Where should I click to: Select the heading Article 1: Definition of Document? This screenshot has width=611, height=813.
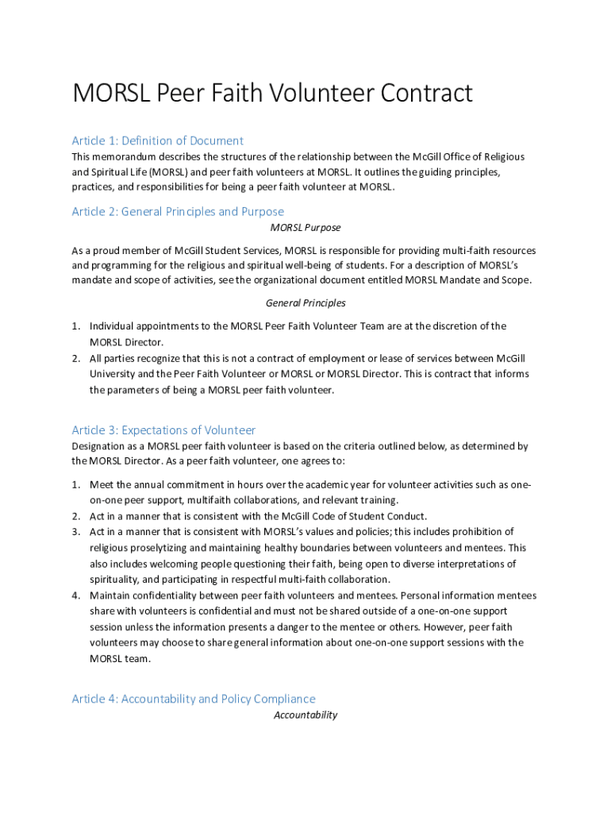click(x=157, y=141)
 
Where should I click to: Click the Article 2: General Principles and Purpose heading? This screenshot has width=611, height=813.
click(x=177, y=211)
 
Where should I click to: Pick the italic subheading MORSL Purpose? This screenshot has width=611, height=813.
click(x=305, y=228)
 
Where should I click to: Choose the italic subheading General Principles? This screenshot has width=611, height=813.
click(x=305, y=303)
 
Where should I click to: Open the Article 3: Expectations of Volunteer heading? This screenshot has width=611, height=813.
click(x=163, y=430)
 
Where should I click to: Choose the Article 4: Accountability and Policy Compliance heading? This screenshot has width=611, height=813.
click(x=193, y=699)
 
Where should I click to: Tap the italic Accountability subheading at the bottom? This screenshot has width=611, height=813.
click(x=305, y=715)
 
